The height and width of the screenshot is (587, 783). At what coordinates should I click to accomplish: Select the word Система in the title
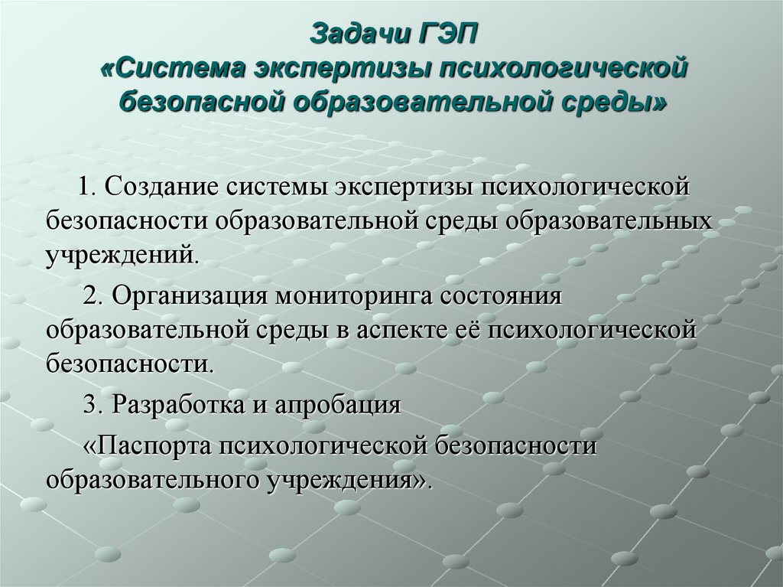pos(184,69)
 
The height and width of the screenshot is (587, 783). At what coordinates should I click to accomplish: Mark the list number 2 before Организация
pos(89,297)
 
